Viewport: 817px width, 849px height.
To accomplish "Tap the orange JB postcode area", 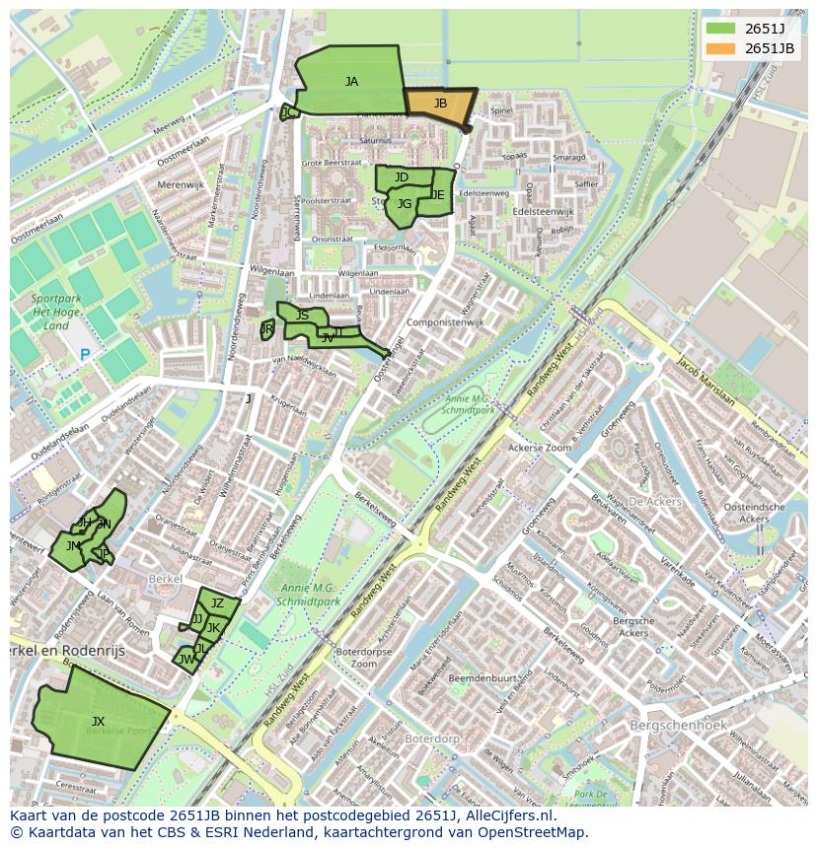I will [440, 104].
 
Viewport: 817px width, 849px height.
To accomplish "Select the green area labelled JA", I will [350, 82].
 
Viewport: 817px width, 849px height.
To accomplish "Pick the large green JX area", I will [97, 722].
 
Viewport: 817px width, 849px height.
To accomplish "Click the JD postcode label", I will [401, 177].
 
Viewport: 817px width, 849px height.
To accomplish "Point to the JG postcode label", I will [404, 205].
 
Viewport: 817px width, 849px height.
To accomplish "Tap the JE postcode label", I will [437, 195].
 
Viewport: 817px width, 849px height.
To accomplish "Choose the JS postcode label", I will [302, 316].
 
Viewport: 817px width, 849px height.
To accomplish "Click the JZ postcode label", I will [218, 603].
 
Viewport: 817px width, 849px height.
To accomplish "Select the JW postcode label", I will [186, 660].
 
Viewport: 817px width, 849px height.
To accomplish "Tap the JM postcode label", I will [73, 545].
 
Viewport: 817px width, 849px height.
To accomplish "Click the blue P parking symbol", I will [85, 355].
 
